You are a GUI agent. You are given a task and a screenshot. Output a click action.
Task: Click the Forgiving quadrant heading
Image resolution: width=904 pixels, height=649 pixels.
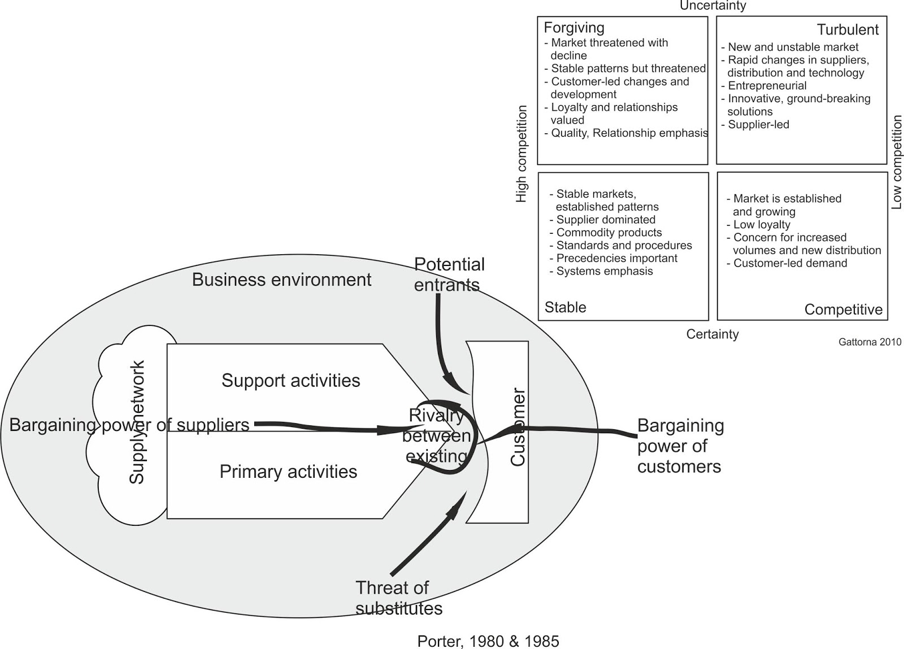pyautogui.click(x=574, y=28)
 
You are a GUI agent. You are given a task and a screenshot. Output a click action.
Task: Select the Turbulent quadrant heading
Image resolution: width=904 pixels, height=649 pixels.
pyautogui.click(x=848, y=30)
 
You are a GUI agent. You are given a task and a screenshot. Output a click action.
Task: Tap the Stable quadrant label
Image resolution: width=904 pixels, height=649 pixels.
pyautogui.click(x=566, y=307)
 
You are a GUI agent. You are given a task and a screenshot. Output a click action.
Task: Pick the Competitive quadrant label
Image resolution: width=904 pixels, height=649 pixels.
pyautogui.click(x=844, y=310)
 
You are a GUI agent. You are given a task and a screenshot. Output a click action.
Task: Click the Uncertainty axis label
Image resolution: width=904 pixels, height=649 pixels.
pyautogui.click(x=712, y=6)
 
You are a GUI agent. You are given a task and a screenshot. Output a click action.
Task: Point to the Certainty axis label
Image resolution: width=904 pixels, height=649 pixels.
pyautogui.click(x=712, y=334)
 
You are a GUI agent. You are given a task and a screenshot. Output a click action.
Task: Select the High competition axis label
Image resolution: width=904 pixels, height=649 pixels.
pyautogui.click(x=521, y=154)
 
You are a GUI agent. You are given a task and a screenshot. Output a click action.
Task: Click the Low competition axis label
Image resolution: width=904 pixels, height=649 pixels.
pyautogui.click(x=896, y=162)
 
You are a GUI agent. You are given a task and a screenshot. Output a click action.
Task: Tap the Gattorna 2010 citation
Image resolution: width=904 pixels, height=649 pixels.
pyautogui.click(x=870, y=342)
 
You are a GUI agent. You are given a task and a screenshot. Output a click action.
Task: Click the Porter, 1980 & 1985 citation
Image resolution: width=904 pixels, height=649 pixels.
pyautogui.click(x=488, y=641)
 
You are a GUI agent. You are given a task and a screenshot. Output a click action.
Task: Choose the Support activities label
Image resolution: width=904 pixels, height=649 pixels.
pyautogui.click(x=290, y=380)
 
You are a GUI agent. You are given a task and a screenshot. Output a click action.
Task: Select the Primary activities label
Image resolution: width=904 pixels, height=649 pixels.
pyautogui.click(x=288, y=472)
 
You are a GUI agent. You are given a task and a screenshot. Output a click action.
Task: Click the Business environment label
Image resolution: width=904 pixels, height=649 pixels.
pyautogui.click(x=281, y=280)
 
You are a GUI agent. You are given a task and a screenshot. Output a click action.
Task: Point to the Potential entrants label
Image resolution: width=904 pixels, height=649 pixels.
pyautogui.click(x=449, y=275)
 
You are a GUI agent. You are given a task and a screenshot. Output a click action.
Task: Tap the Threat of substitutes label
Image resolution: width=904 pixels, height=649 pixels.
pyautogui.click(x=399, y=598)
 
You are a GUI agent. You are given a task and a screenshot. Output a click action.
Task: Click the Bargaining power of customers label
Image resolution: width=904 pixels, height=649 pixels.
pyautogui.click(x=680, y=446)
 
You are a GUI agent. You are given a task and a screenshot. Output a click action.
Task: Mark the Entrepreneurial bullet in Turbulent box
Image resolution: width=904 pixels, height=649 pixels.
pyautogui.click(x=763, y=86)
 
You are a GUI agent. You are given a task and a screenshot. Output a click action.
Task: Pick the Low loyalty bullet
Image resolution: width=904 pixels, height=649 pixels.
pyautogui.click(x=759, y=225)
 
